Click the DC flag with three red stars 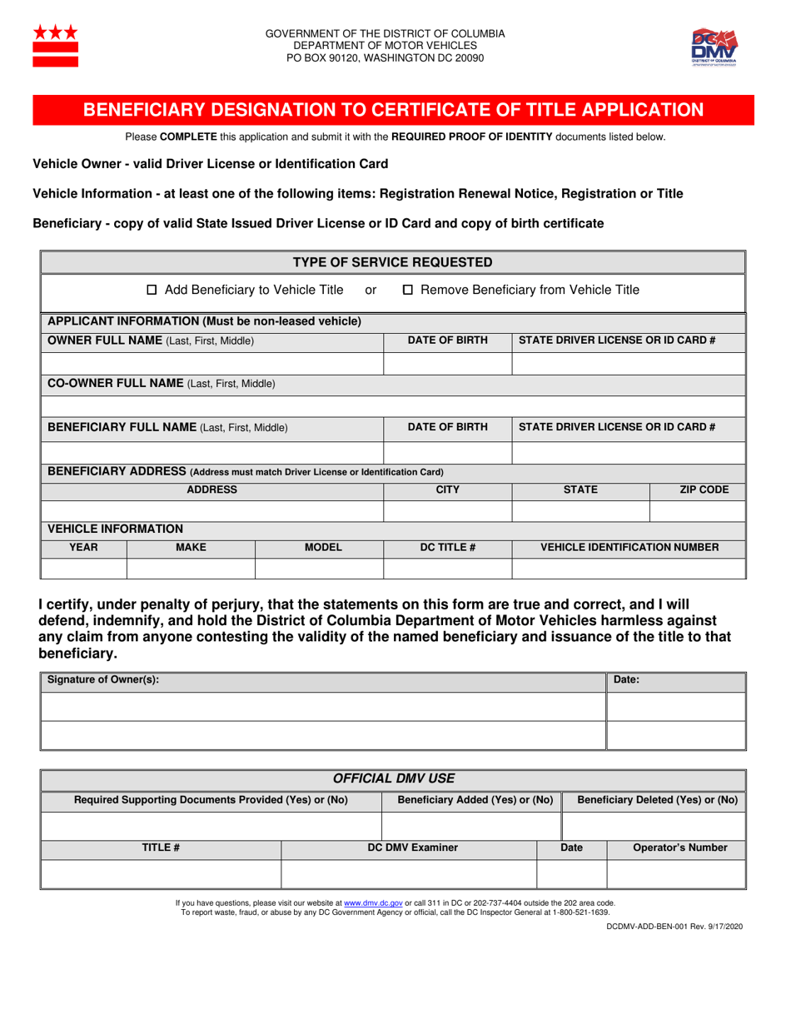pyautogui.click(x=55, y=46)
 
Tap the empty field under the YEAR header pyautogui.click(x=83, y=568)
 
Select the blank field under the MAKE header pyautogui.click(x=190, y=568)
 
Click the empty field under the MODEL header pyautogui.click(x=318, y=568)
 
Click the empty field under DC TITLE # pyautogui.click(x=446, y=568)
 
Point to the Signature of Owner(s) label pyautogui.click(x=102, y=680)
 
